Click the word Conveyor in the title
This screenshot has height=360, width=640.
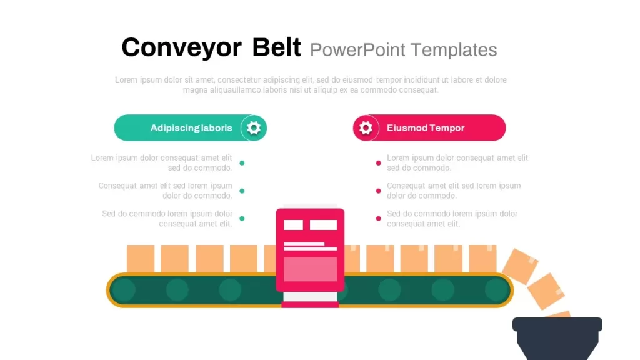tap(182, 47)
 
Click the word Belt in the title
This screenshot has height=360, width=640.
tap(276, 47)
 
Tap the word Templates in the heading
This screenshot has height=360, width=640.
tap(454, 50)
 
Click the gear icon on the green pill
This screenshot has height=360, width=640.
tap(254, 127)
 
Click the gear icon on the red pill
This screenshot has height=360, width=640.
tap(366, 127)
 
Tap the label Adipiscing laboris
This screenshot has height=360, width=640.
tap(191, 127)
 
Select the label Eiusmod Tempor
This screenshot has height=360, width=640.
tap(426, 127)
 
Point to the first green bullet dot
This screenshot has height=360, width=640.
tap(242, 163)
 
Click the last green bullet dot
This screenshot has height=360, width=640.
tap(242, 218)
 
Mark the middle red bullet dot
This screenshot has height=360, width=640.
tap(378, 191)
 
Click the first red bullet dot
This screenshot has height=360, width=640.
tap(378, 163)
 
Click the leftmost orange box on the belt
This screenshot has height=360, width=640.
tap(141, 258)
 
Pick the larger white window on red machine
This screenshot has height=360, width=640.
tap(323, 225)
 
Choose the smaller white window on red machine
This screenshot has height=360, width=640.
tap(294, 225)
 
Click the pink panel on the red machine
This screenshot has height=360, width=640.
tap(310, 269)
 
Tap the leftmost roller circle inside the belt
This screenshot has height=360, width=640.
tap(124, 290)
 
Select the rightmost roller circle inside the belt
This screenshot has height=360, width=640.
tap(496, 290)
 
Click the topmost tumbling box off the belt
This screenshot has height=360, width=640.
tap(520, 266)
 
